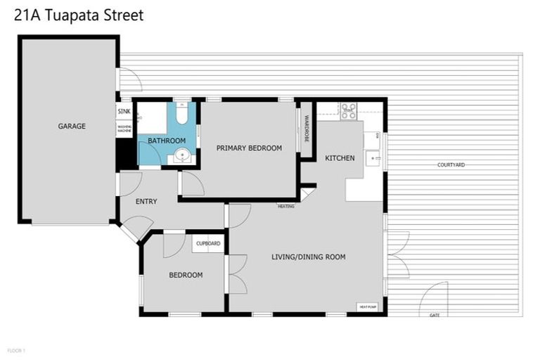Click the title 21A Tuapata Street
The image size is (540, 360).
[x=79, y=15]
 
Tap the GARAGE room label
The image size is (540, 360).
[x=72, y=127]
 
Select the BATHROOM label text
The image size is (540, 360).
[x=167, y=141]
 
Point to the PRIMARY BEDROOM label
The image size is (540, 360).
[x=249, y=148]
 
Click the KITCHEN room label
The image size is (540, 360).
[x=340, y=158]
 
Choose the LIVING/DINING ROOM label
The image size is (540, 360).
[x=308, y=257]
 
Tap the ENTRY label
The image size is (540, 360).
[x=146, y=202]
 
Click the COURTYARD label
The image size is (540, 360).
[x=451, y=165]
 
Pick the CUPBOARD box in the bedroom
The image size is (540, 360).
[x=208, y=243]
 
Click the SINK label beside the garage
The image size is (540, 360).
[x=124, y=112]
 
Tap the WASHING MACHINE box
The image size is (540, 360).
[x=124, y=129]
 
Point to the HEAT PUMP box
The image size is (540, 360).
[x=368, y=307]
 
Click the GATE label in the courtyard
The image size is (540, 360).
[x=435, y=315]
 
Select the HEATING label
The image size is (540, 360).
[x=285, y=206]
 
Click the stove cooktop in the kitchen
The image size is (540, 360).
[x=349, y=110]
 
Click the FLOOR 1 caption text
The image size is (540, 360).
[x=16, y=349]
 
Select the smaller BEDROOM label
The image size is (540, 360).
[x=186, y=275]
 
